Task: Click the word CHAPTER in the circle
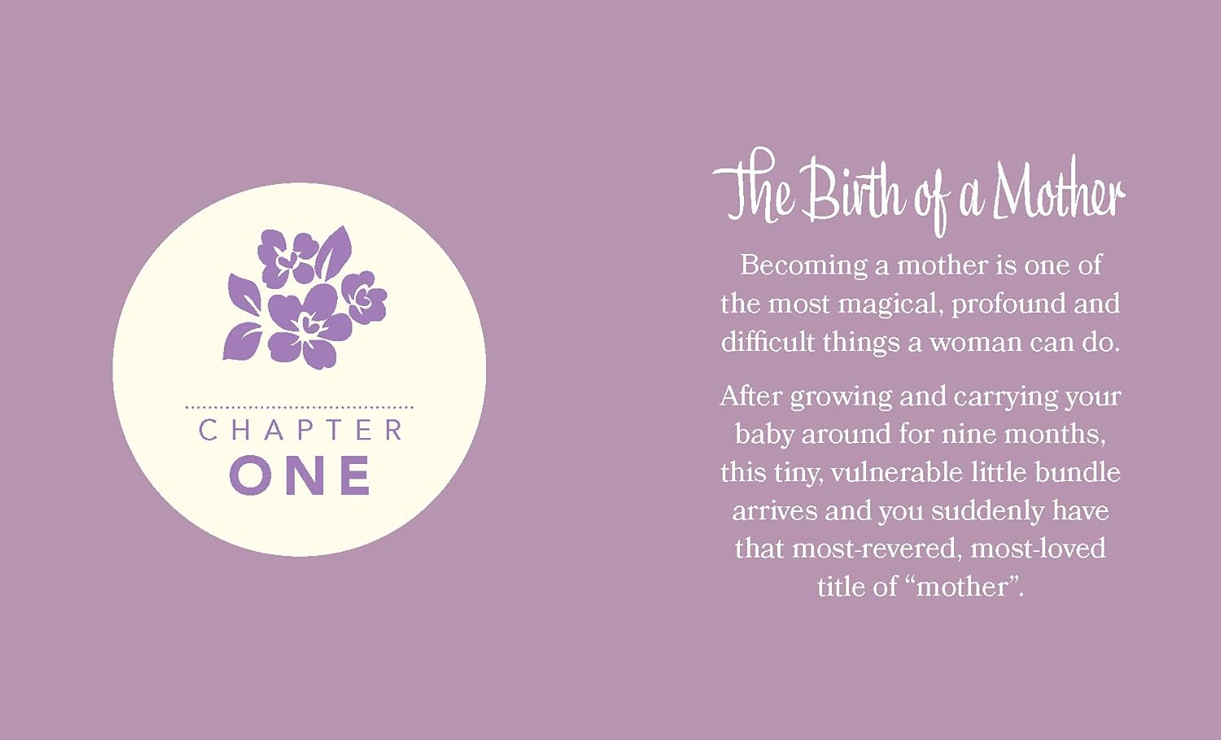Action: [x=300, y=430]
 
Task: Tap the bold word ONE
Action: [x=300, y=475]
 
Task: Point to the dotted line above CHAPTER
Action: [x=300, y=406]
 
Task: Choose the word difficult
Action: [x=768, y=342]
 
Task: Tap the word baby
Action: [x=764, y=434]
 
